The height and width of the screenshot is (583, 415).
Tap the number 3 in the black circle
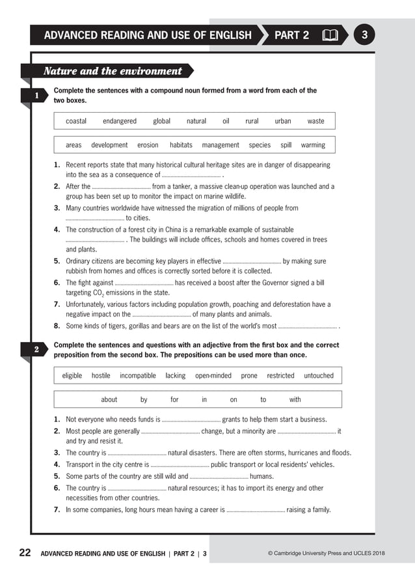(364, 35)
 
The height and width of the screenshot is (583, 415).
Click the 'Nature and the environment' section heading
(113, 71)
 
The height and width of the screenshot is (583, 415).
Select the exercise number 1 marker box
(37, 96)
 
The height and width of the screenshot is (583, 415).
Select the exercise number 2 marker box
(37, 350)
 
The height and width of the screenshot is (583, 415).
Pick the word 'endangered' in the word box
(120, 121)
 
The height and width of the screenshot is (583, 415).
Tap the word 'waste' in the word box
(315, 121)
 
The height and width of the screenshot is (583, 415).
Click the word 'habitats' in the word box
(181, 145)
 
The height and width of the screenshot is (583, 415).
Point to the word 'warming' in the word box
(313, 145)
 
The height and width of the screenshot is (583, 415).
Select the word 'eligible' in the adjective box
(72, 376)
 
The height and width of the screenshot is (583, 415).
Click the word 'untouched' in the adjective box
(319, 376)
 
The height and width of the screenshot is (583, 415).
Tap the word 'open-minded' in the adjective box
(213, 376)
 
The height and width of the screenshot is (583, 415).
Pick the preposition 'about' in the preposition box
(109, 400)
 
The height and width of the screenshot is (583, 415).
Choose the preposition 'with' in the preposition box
(295, 400)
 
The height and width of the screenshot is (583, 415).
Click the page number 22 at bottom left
(25, 553)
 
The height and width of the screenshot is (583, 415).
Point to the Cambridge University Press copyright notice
(326, 554)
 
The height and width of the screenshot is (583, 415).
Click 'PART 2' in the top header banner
(291, 35)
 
